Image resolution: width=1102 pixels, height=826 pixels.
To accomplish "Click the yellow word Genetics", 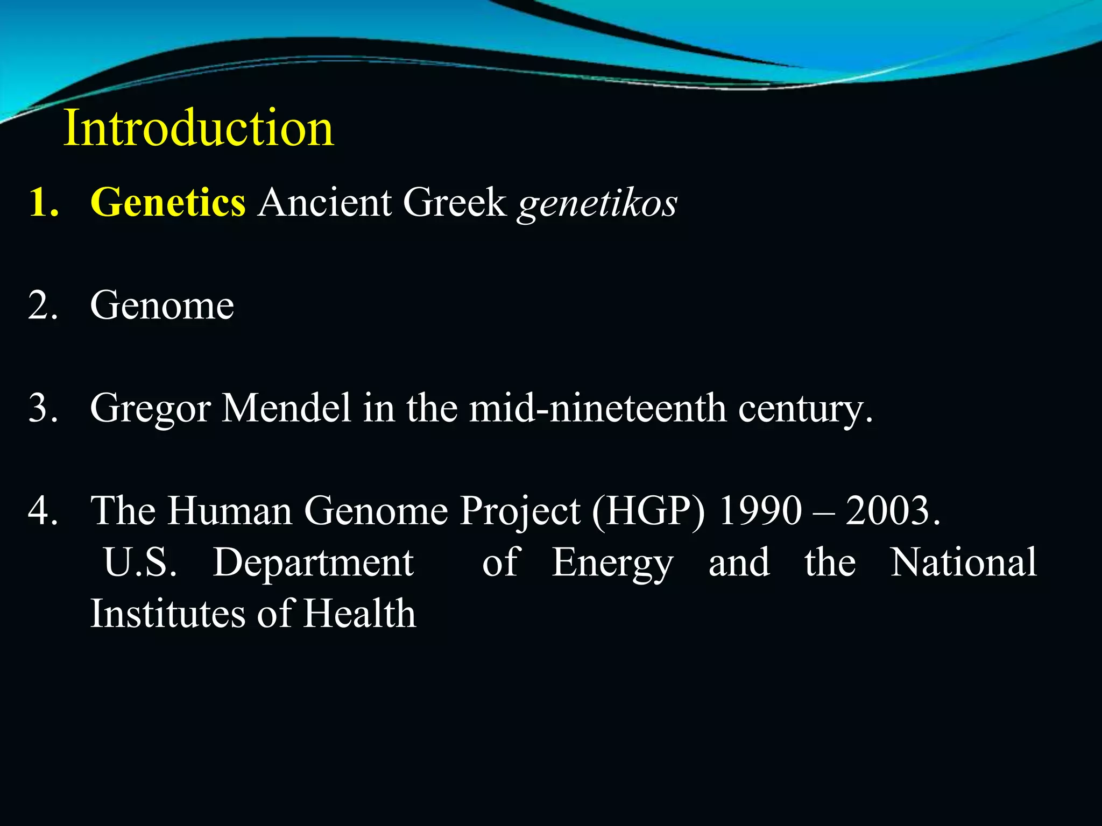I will pyautogui.click(x=168, y=203).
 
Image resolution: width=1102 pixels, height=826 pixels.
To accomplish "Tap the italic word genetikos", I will pyautogui.click(x=597, y=204).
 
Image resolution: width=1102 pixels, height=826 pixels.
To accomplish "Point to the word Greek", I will pyautogui.click(x=455, y=203).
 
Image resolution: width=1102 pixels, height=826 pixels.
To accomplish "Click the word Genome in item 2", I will pyautogui.click(x=162, y=305).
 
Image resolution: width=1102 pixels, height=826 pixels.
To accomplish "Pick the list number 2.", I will pyautogui.click(x=43, y=305).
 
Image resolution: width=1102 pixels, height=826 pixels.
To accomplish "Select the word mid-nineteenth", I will pyautogui.click(x=597, y=408).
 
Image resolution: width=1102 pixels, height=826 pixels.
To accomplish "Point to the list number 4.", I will pyautogui.click(x=43, y=510).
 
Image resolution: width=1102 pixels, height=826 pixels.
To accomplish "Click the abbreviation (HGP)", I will pyautogui.click(x=648, y=511).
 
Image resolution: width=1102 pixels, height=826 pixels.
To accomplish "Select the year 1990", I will pyautogui.click(x=760, y=510).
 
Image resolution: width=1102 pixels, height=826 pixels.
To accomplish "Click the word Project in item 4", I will pyautogui.click(x=519, y=511).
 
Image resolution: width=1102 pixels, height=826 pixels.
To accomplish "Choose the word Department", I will pyautogui.click(x=313, y=563).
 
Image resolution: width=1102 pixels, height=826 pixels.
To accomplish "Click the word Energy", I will pyautogui.click(x=612, y=563).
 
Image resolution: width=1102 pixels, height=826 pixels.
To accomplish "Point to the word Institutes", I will pyautogui.click(x=167, y=613).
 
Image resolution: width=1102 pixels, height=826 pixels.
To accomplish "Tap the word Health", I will pyautogui.click(x=359, y=613).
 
